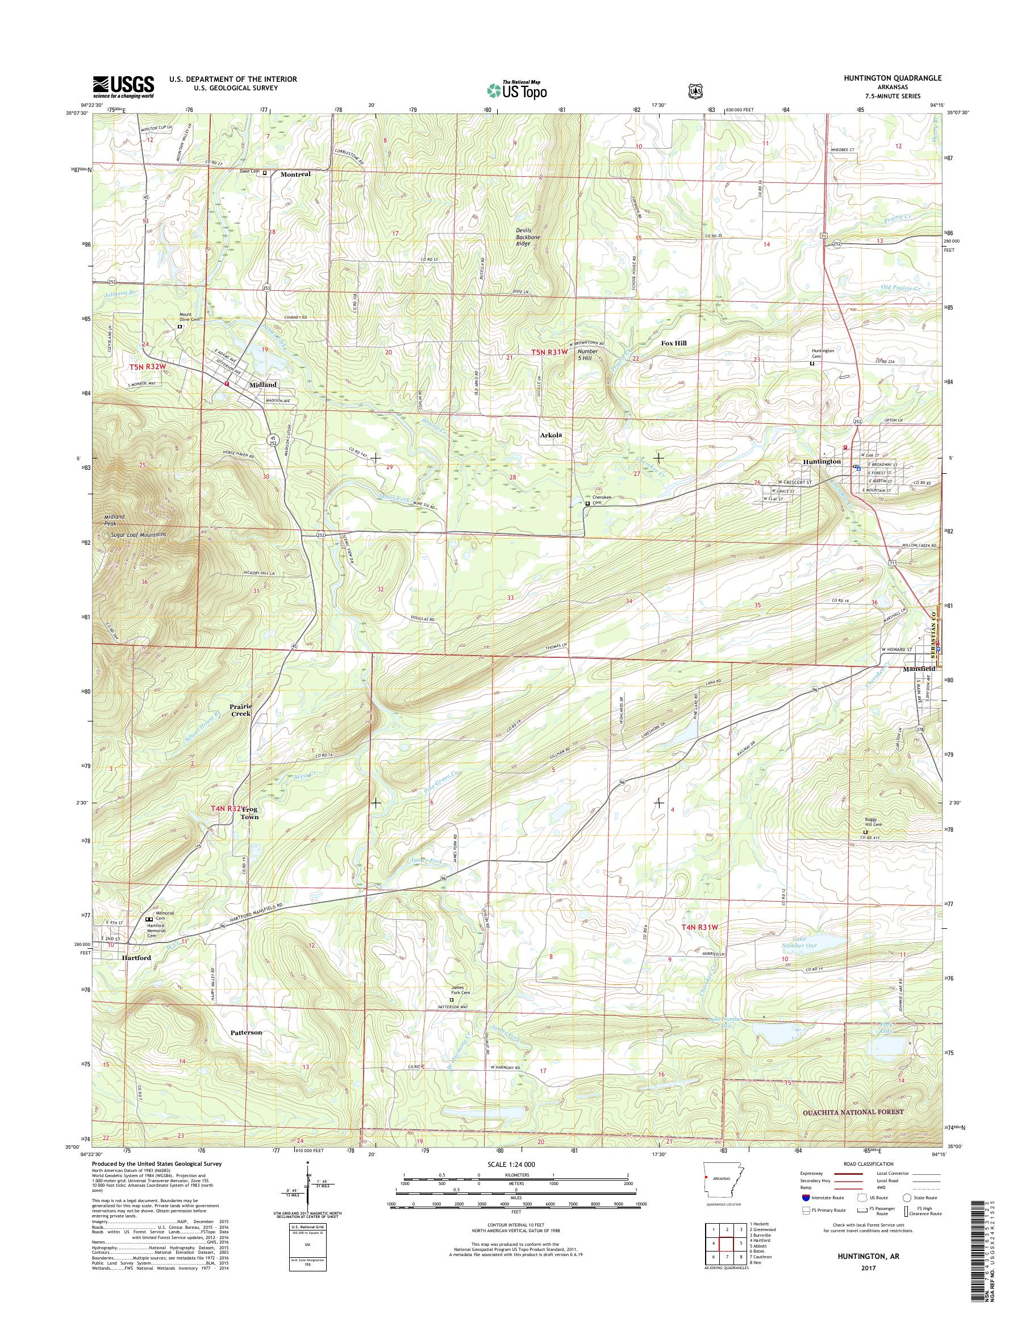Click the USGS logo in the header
pos(123,86)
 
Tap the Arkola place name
pos(552,435)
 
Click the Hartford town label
pos(136,975)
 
